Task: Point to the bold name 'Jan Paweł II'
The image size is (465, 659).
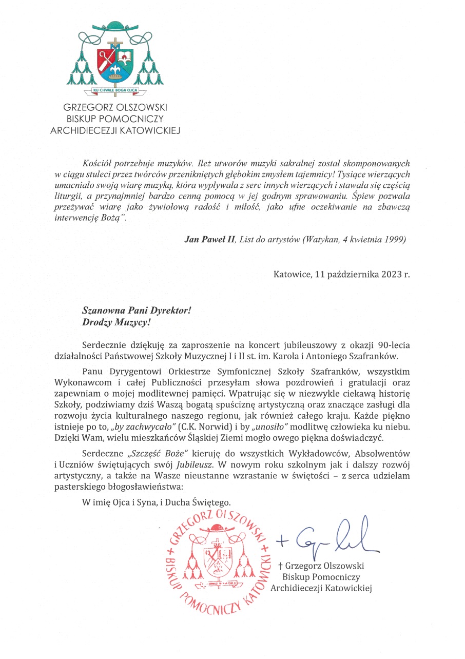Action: (206, 240)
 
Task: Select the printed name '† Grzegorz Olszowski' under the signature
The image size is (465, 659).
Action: (321, 566)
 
